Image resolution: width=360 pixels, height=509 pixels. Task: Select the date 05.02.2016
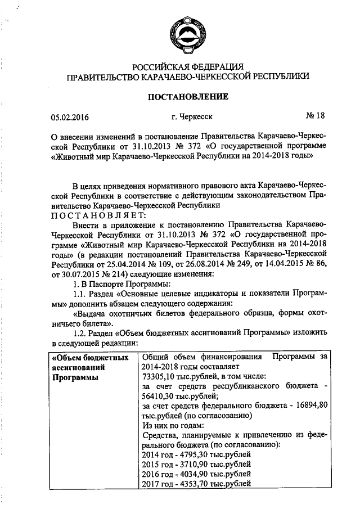70,118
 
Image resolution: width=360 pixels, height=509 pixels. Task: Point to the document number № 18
315,116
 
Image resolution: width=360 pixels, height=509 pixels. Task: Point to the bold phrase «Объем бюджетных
89,358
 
